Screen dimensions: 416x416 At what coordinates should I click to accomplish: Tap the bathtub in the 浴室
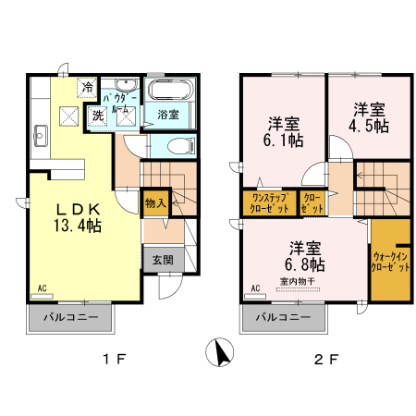pyautogui.click(x=168, y=92)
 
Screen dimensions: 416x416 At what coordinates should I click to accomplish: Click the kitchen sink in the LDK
pyautogui.click(x=40, y=138)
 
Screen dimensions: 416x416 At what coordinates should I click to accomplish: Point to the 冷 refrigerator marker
pyautogui.click(x=88, y=88)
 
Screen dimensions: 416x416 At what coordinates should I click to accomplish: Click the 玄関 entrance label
pyautogui.click(x=155, y=260)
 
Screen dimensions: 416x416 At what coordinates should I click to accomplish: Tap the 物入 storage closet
pyautogui.click(x=154, y=202)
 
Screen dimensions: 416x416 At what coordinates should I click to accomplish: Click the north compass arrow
pyautogui.click(x=221, y=354)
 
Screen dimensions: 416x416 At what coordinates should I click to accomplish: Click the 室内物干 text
pyautogui.click(x=298, y=281)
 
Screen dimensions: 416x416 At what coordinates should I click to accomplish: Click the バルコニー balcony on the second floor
pyautogui.click(x=283, y=317)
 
